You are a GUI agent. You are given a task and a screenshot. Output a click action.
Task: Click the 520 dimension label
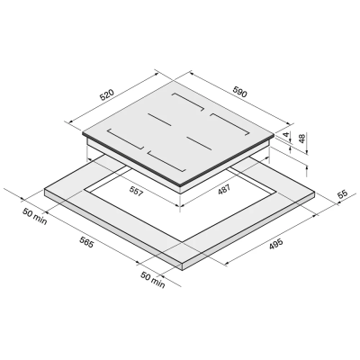click(107, 94)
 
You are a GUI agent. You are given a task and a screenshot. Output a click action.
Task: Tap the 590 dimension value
click(239, 91)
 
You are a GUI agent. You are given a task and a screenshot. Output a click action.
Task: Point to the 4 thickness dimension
click(287, 134)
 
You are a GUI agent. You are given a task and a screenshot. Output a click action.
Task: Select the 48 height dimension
click(302, 139)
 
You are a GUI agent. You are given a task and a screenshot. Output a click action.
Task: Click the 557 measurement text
click(137, 191)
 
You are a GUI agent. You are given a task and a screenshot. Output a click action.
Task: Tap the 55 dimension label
click(342, 193)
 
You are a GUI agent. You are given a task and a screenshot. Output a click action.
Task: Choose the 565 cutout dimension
click(86, 242)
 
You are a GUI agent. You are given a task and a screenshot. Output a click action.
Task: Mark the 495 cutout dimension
click(275, 244)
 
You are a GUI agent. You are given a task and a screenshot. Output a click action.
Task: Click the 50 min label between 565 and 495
click(153, 280)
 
